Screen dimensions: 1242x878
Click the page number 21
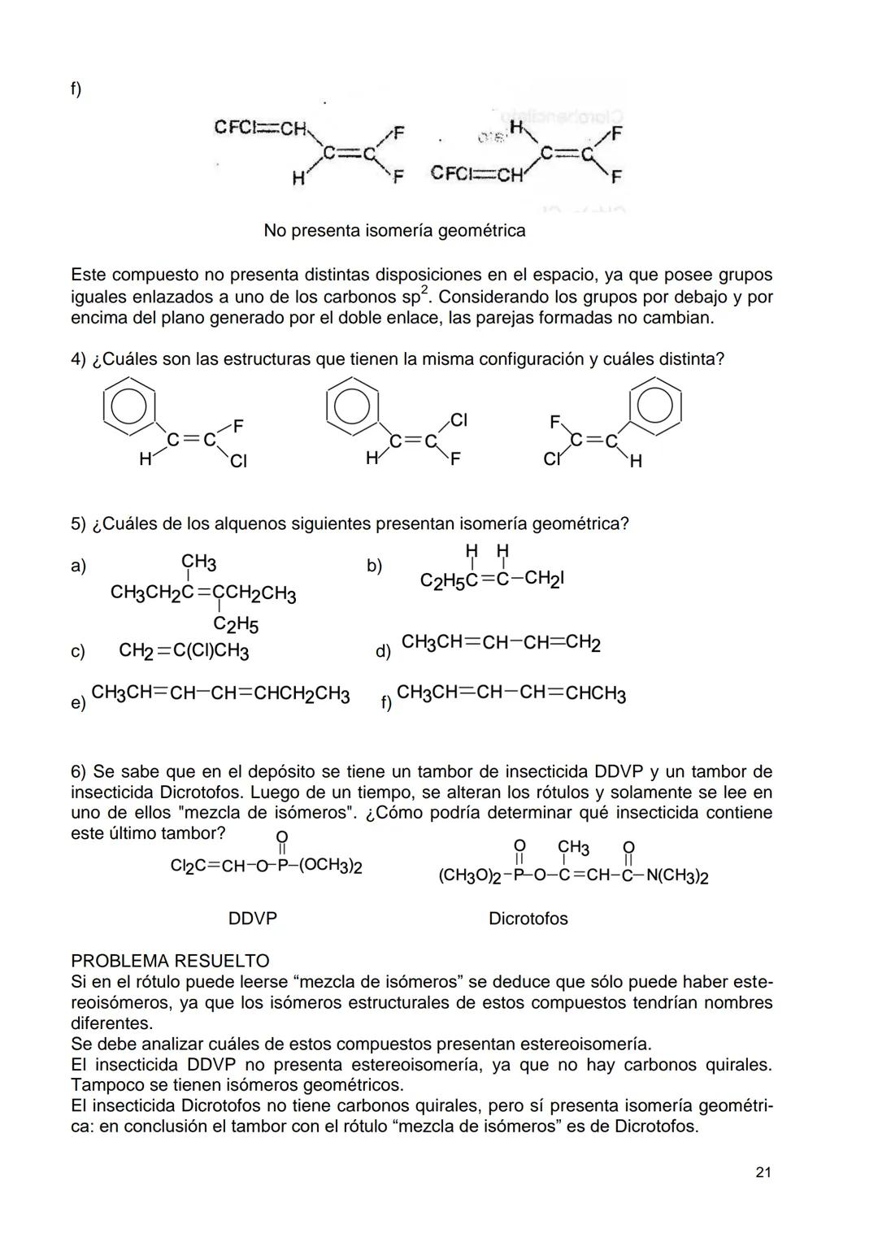(x=763, y=1171)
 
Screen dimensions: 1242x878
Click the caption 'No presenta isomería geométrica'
(x=394, y=231)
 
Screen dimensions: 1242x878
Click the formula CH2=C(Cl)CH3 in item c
(x=184, y=651)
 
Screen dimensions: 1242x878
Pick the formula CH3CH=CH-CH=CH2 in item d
(x=501, y=643)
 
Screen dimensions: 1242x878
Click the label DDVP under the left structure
(x=253, y=918)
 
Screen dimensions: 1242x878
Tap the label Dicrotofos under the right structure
(x=528, y=918)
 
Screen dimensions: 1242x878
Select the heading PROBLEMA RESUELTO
(x=170, y=962)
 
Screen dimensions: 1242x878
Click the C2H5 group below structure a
(x=235, y=625)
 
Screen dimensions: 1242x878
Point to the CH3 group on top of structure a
(x=198, y=562)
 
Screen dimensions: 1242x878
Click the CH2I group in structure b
(x=544, y=579)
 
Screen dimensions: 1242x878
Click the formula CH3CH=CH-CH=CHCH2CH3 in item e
(x=220, y=694)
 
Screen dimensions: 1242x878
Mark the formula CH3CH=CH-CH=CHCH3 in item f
(x=511, y=694)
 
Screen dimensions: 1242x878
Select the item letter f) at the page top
(x=76, y=89)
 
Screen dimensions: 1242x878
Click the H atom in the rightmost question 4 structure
(x=635, y=462)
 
